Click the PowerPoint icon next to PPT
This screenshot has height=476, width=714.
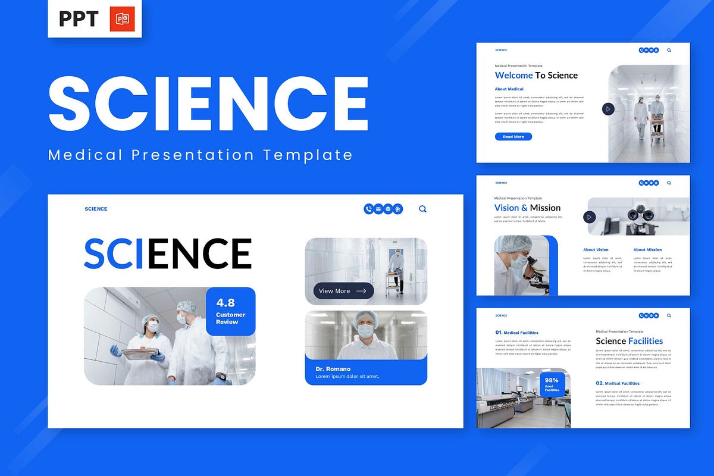click(122, 19)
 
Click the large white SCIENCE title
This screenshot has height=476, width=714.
click(208, 104)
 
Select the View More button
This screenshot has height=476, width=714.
click(343, 291)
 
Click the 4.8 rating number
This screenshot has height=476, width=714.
click(226, 302)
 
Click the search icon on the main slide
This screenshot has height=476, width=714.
click(422, 209)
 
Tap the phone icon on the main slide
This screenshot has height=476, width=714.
click(368, 209)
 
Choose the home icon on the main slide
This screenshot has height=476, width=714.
click(397, 209)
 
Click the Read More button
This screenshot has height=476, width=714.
click(513, 137)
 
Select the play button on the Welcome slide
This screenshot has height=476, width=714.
click(607, 109)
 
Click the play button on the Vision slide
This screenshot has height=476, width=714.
click(590, 217)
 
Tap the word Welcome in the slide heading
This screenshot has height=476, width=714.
click(513, 75)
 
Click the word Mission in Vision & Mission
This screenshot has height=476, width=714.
click(545, 208)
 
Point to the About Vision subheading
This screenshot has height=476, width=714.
click(596, 250)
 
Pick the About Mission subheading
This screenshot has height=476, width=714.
click(647, 250)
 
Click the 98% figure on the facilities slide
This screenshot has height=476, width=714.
click(552, 380)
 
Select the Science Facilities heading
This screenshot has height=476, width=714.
click(629, 341)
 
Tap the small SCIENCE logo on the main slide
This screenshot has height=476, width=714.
click(96, 209)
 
